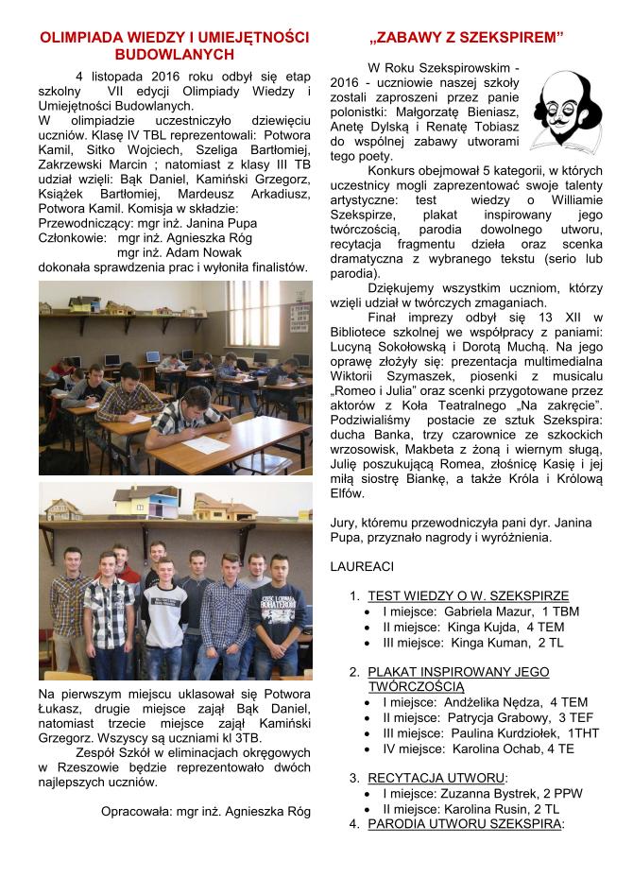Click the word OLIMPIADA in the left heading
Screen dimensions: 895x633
[x=80, y=38]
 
